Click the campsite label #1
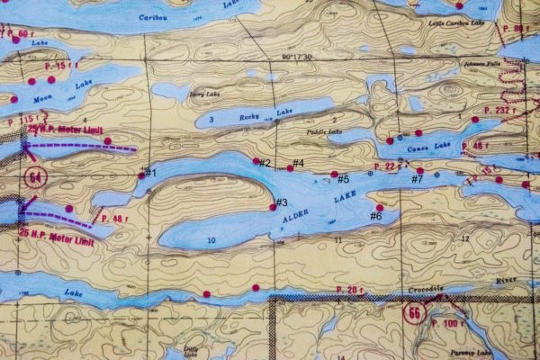[150, 172]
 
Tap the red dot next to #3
[273, 207]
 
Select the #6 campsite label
[376, 216]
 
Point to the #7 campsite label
[417, 178]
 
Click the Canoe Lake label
[428, 146]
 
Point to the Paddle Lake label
[324, 133]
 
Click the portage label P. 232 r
[501, 110]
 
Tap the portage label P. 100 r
[446, 322]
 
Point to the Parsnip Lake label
[481, 352]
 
